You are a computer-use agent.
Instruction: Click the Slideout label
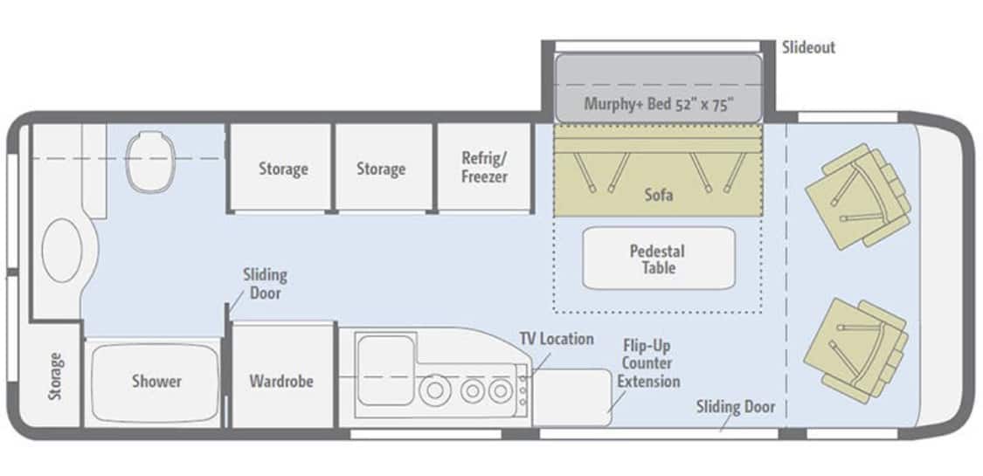click(809, 47)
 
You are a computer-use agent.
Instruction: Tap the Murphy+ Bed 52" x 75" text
click(658, 103)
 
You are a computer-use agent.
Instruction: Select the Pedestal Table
click(658, 258)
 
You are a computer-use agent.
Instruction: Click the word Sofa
click(658, 195)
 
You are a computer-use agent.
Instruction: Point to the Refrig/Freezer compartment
click(484, 167)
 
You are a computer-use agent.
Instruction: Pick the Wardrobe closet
click(281, 376)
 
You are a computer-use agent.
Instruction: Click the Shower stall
click(156, 382)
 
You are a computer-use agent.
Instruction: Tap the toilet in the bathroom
click(149, 161)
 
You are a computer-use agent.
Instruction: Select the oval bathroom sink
click(61, 250)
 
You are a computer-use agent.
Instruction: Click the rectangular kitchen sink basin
click(385, 370)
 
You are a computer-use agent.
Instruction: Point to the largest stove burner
click(433, 391)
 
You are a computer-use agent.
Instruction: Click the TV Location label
click(557, 339)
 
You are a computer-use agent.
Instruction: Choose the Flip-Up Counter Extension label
click(648, 363)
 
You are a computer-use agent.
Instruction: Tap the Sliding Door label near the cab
click(736, 407)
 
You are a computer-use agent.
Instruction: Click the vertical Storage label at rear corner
click(56, 376)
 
